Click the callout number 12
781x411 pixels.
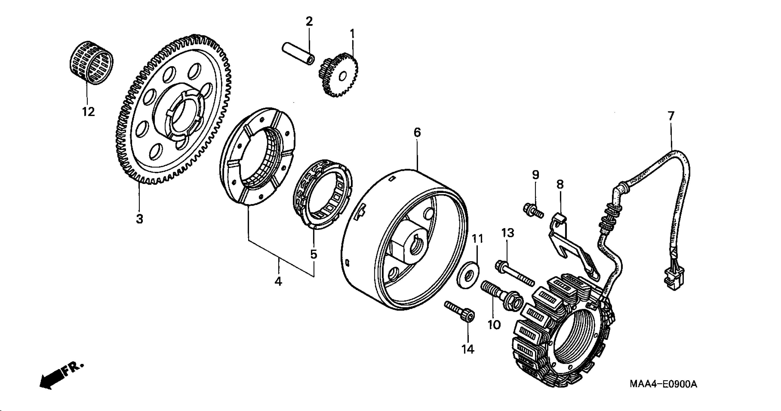88,112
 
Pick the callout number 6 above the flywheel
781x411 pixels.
417,132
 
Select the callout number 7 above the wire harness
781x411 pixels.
671,116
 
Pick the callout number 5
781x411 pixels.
313,254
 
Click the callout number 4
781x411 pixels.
278,282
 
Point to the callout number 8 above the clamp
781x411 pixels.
560,184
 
